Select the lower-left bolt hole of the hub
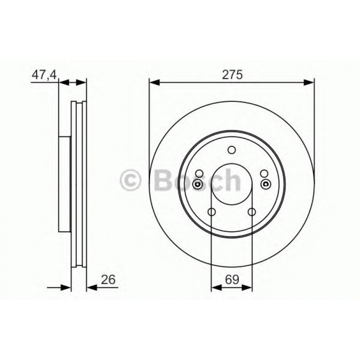tap(212, 212)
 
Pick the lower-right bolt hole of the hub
tap(251, 212)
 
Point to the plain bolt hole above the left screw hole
tap(199, 174)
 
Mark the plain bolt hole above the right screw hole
tap(264, 174)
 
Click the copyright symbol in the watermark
tap(131, 181)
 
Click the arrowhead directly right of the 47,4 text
tap(63, 82)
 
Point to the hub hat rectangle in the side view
tap(65, 183)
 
